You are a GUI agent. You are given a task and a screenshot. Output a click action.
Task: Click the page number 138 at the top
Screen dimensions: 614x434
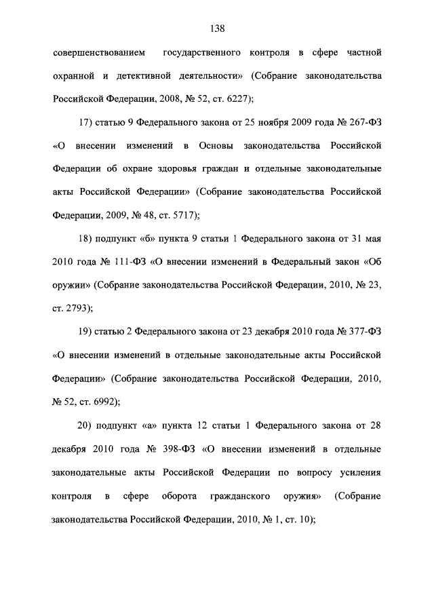coord(217,28)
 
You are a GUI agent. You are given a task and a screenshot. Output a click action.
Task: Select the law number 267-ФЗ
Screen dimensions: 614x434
coord(357,123)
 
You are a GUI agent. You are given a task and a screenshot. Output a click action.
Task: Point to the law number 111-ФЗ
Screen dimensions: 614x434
coord(119,263)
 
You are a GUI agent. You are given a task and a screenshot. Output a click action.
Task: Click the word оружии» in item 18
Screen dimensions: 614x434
coord(71,286)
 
